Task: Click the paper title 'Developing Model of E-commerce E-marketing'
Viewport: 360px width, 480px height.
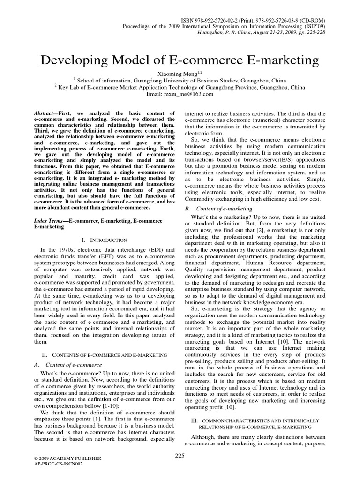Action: coord(180,60)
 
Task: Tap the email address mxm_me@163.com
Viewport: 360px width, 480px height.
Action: coord(180,94)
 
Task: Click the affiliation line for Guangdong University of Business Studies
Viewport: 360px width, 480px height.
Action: coord(180,80)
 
